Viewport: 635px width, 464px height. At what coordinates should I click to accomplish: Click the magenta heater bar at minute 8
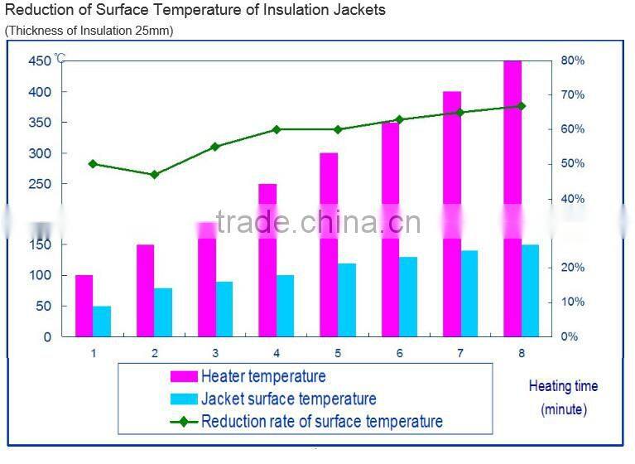[512, 199]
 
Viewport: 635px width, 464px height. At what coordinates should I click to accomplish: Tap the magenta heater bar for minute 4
[267, 260]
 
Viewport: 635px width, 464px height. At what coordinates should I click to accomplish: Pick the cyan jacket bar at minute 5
[347, 300]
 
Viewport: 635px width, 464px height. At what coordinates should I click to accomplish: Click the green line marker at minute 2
[154, 175]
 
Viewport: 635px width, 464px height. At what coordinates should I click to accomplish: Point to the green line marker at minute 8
[521, 106]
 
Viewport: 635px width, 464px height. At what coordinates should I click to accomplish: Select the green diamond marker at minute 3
[215, 147]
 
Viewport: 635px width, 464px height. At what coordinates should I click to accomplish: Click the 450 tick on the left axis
[39, 61]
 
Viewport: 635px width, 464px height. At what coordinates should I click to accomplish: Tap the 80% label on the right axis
[572, 60]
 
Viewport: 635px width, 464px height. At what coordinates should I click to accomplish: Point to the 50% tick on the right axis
[572, 164]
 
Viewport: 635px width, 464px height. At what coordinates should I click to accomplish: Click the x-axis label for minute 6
[399, 353]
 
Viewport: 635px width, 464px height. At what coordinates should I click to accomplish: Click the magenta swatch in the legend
[183, 376]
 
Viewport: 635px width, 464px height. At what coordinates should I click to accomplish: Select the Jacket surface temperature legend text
[288, 399]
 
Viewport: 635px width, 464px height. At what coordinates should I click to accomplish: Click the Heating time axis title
[563, 386]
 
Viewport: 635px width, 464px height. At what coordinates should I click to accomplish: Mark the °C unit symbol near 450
[60, 59]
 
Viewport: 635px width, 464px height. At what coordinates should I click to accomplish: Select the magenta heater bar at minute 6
[391, 229]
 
